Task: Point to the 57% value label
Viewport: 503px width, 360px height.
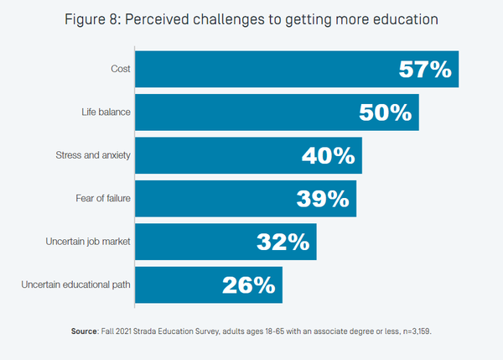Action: click(424, 70)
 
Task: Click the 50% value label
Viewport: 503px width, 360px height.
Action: click(385, 112)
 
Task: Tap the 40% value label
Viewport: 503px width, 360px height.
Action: click(328, 156)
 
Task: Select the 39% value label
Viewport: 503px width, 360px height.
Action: click(322, 199)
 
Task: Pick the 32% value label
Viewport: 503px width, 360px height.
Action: click(283, 242)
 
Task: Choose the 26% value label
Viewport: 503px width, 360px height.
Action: click(248, 285)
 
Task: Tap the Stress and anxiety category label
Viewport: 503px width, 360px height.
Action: click(91, 156)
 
